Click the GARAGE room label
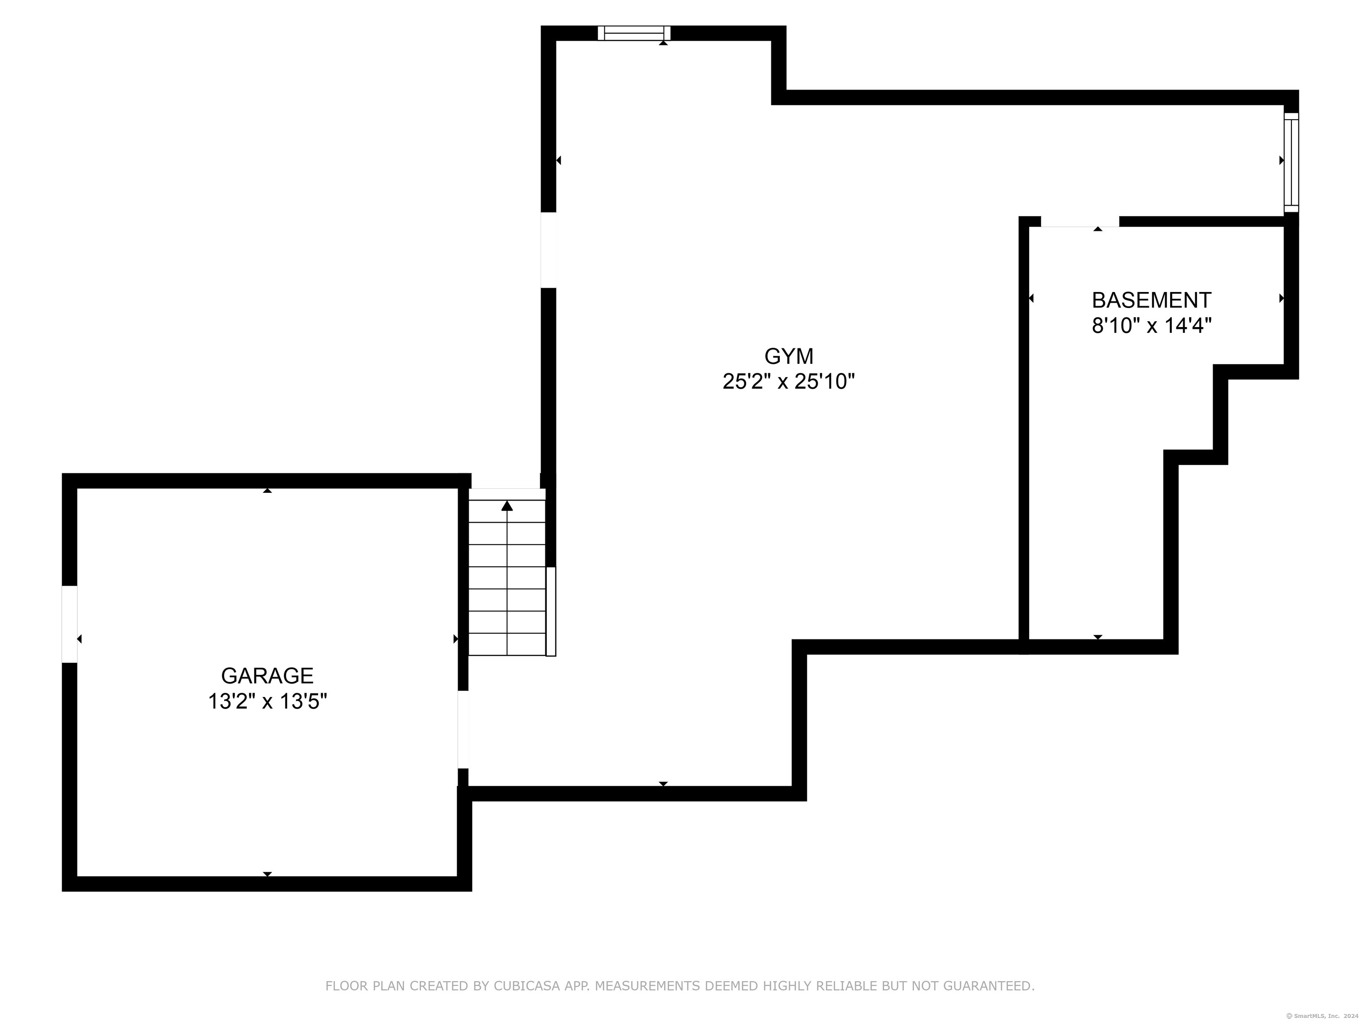tap(267, 676)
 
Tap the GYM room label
tap(789, 356)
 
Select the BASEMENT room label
tap(1151, 300)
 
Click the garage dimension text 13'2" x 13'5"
tap(267, 701)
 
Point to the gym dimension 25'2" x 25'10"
tap(789, 382)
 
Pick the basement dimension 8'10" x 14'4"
tap(1151, 326)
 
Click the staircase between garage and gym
tap(507, 573)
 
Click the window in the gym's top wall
tap(634, 33)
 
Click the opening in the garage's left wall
tap(70, 624)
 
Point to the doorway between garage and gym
tap(463, 730)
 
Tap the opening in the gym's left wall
tap(548, 250)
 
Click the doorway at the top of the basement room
tap(1080, 222)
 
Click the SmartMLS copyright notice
tap(1323, 1016)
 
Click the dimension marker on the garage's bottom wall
tap(267, 873)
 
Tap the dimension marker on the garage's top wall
tap(267, 491)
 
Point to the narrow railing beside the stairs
tap(551, 612)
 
